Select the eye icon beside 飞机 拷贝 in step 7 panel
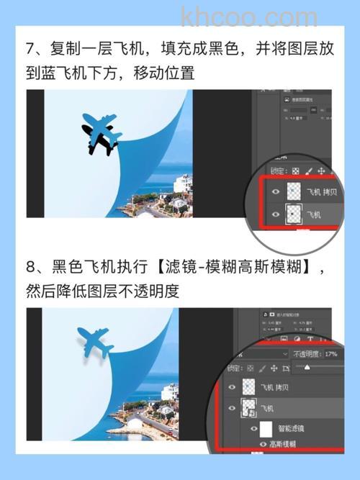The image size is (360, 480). click(274, 192)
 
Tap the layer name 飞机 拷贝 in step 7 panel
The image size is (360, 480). click(323, 192)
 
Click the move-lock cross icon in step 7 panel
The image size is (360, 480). click(321, 171)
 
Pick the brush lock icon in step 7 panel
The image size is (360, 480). click(309, 171)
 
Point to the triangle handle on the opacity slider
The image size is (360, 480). click(307, 367)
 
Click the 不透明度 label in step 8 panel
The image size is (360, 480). click(307, 354)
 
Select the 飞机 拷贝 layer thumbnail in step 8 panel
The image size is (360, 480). click(249, 387)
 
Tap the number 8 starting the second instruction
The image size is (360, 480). click(31, 268)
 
